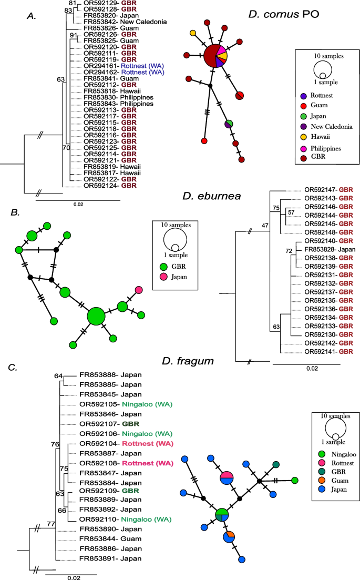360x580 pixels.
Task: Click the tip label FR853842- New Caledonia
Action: pyautogui.click(x=125, y=22)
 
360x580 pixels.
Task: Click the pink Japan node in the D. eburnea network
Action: pyautogui.click(x=139, y=290)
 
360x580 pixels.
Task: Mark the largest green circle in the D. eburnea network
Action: pyautogui.click(x=96, y=317)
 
